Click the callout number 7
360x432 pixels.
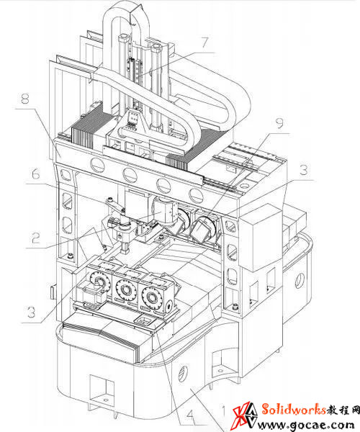(205, 42)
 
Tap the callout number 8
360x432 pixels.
(25, 99)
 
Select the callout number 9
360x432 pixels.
(280, 123)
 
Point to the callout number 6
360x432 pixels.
(35, 174)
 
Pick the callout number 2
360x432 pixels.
(36, 238)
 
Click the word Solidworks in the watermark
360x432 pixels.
(294, 409)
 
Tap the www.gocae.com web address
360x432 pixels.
(305, 425)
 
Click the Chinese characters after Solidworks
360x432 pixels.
(343, 410)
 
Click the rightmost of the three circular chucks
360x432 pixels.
(151, 297)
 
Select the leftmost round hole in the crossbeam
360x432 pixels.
(97, 166)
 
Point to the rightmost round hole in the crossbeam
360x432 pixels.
(196, 195)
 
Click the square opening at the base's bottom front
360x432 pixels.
(102, 390)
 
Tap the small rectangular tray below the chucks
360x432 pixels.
(144, 320)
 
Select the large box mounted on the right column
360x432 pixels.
(260, 238)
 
